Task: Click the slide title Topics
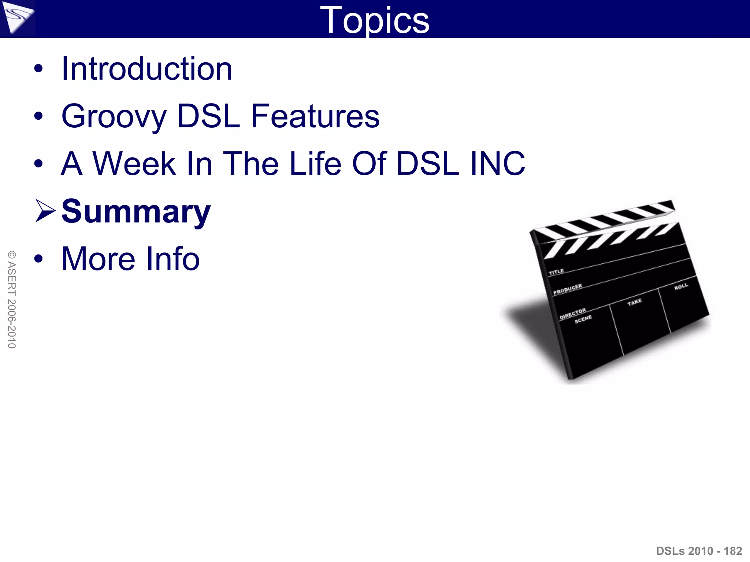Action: [x=375, y=20]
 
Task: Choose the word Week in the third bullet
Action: [x=134, y=164]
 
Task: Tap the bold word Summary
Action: [x=136, y=211]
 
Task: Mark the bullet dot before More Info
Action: [x=38, y=259]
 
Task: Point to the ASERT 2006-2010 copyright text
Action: [x=12, y=299]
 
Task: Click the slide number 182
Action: [x=733, y=551]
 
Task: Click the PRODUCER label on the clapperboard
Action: [x=568, y=289]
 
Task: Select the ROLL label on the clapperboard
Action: [x=681, y=286]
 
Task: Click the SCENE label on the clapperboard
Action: [x=583, y=319]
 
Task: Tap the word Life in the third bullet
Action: [x=315, y=164]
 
